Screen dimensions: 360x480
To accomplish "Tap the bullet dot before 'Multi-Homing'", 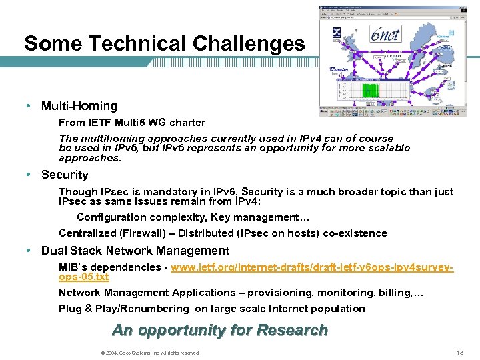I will tap(31, 106).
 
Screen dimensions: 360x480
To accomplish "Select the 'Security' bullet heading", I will tap(64, 175).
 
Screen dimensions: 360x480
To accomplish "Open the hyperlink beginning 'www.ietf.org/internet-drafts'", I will tap(312, 267).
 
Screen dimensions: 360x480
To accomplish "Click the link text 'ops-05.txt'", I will tap(83, 276).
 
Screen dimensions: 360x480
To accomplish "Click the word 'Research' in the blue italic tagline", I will tap(292, 330).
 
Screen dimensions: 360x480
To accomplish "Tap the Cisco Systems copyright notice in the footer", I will tap(148, 353).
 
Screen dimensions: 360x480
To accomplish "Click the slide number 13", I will tap(459, 353).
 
